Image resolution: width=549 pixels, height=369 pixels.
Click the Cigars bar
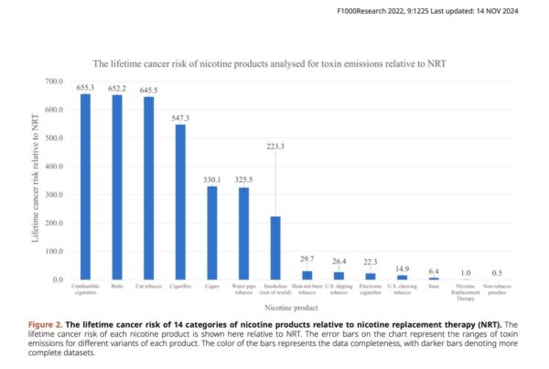point(212,233)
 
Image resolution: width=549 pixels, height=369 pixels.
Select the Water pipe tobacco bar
point(243,234)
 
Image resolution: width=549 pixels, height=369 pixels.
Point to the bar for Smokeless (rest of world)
point(275,248)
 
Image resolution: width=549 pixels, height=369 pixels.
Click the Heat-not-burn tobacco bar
point(307,276)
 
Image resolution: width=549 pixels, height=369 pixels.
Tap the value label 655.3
point(85,88)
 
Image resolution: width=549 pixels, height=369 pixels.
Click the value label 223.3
point(275,147)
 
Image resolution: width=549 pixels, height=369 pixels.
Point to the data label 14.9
point(402,269)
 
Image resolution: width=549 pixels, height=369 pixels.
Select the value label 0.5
point(497,274)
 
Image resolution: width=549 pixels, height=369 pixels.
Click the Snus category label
point(434,287)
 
